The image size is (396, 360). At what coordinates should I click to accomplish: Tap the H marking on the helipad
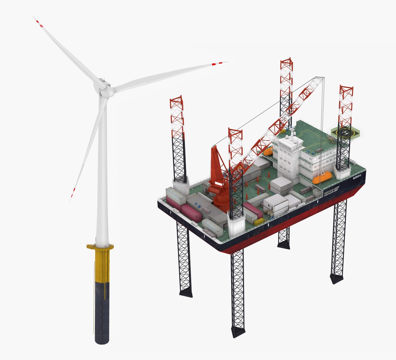345,133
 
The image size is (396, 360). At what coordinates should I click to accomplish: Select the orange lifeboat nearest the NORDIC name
321,178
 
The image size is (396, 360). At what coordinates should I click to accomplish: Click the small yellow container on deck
259,222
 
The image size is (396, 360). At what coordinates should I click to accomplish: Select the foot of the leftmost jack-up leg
186,293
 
